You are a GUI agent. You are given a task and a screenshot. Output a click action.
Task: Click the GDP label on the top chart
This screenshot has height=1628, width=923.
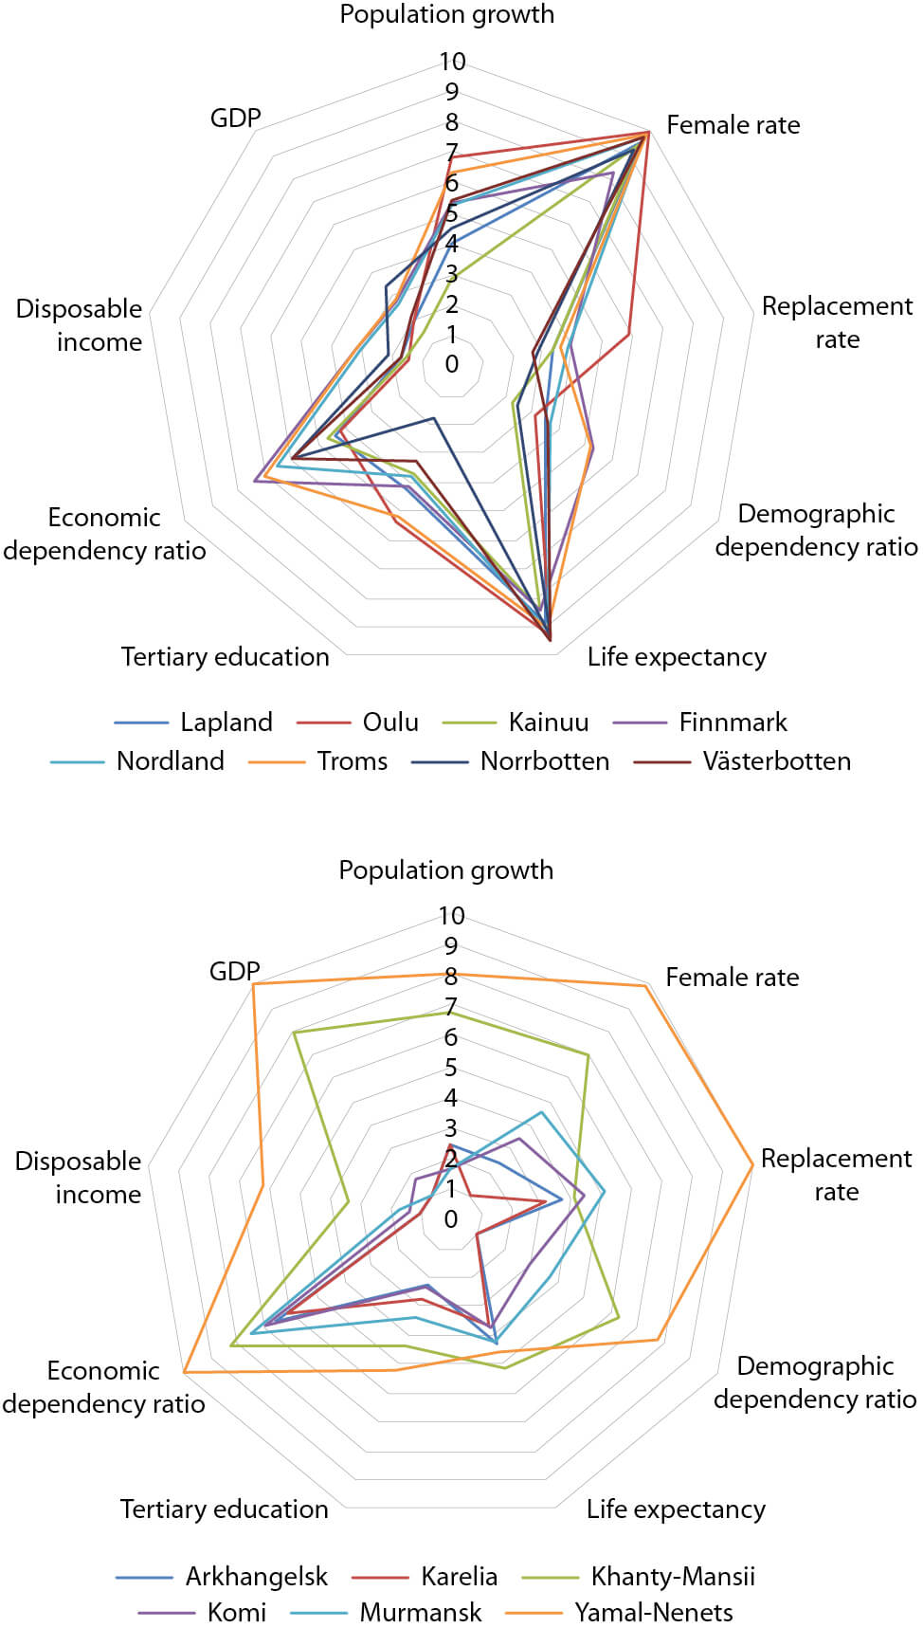coord(235,118)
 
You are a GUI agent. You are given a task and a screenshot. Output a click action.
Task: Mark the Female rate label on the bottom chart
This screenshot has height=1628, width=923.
coord(732,978)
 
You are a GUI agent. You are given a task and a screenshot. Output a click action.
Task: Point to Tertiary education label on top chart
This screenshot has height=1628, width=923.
coord(226,657)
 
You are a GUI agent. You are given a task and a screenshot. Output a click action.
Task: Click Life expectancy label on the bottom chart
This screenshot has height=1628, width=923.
coord(676,1509)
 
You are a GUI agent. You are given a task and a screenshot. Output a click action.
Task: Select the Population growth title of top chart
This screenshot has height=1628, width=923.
coord(446,14)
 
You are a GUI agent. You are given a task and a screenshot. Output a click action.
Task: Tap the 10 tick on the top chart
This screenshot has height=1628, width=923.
coord(452,62)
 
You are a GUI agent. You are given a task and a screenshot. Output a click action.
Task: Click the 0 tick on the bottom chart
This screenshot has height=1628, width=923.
coord(451,1219)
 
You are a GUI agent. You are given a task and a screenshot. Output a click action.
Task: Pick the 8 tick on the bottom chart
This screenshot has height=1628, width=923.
coord(451,977)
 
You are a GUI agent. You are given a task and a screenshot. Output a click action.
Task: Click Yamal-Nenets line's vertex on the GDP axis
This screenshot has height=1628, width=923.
coord(254,984)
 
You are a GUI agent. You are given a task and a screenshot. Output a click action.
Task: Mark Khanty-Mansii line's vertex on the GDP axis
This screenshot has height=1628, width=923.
coord(295,1033)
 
